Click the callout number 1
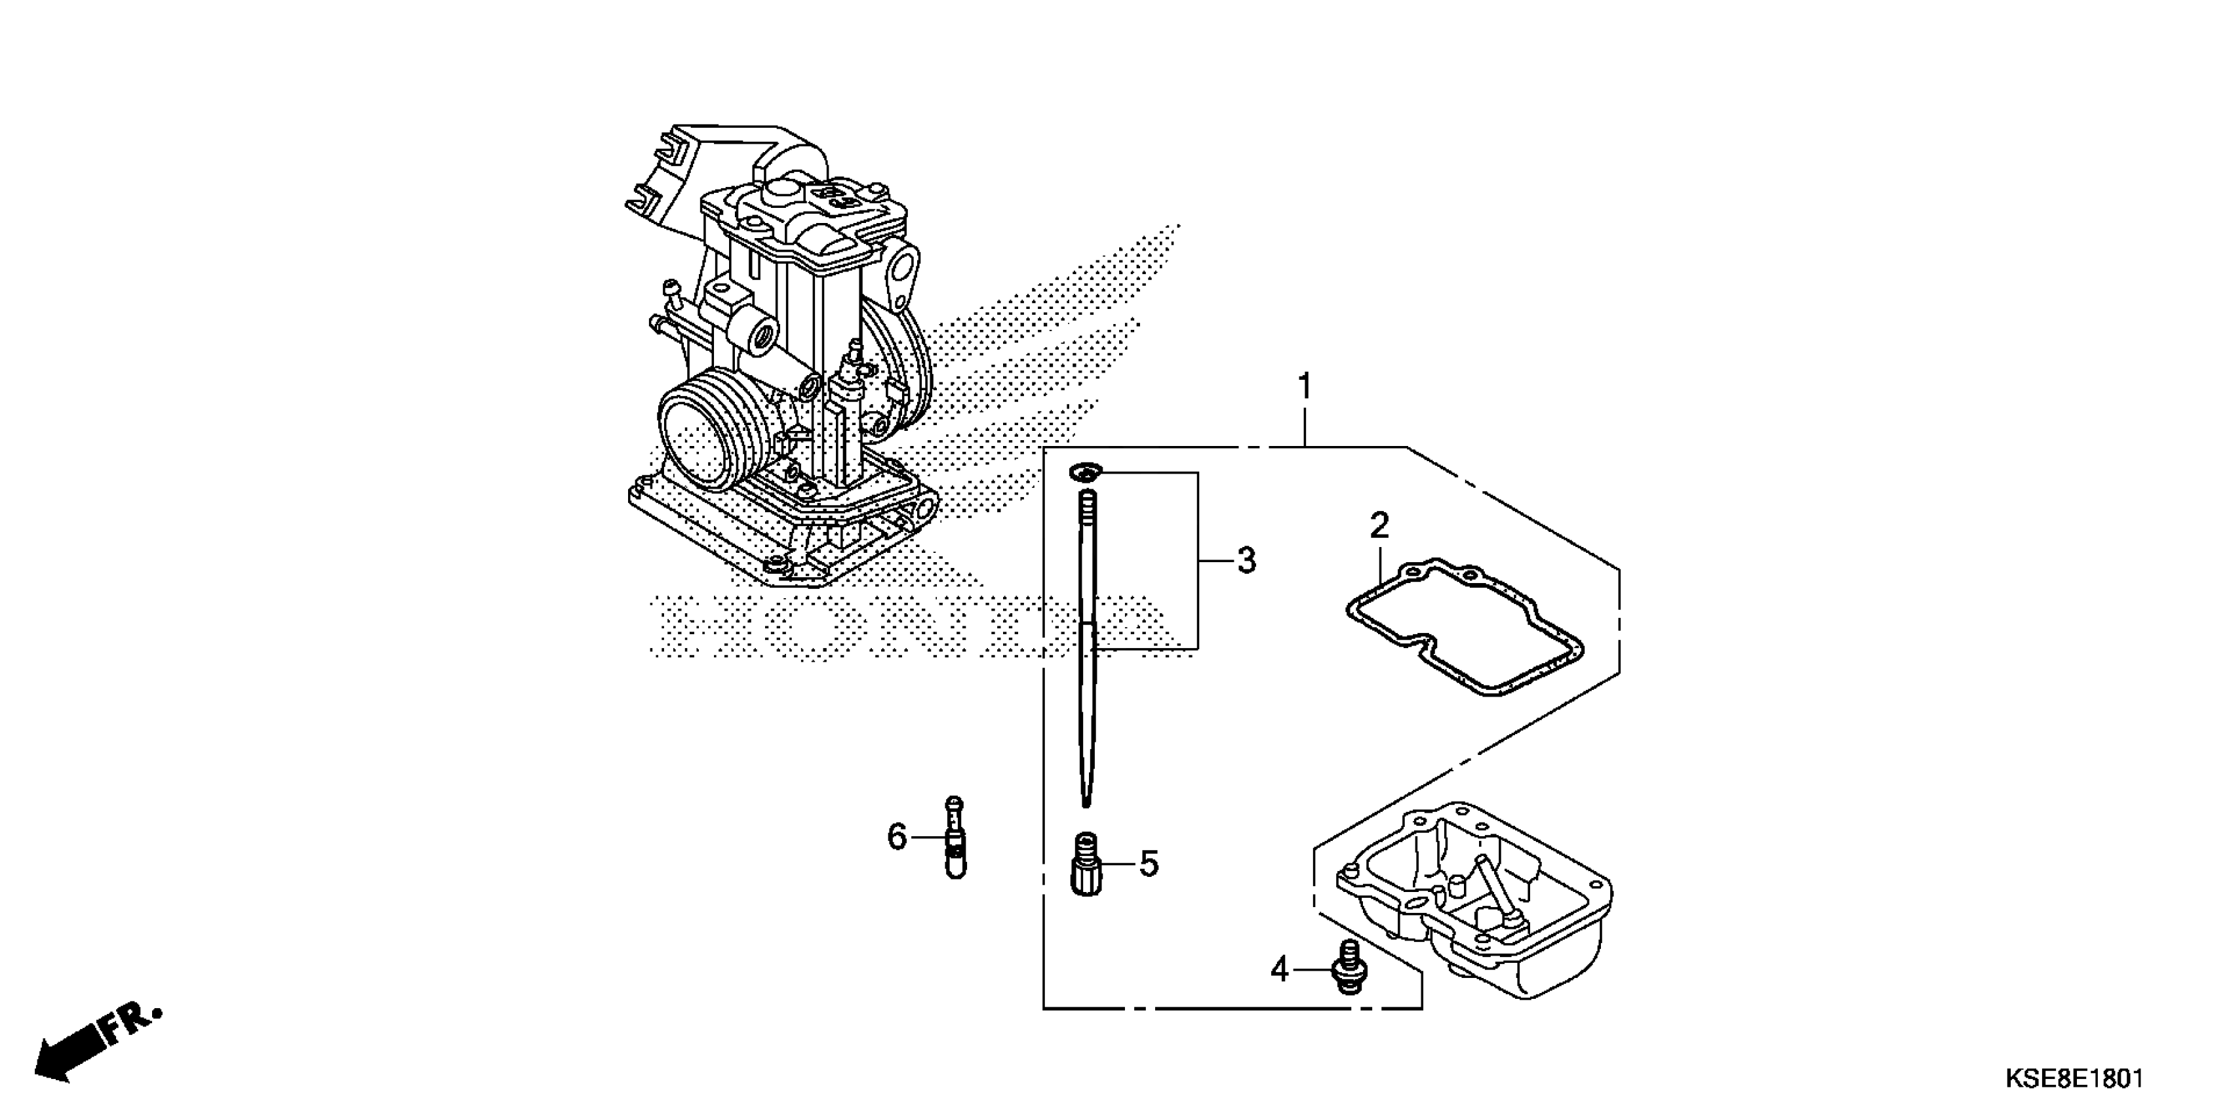(x=1304, y=386)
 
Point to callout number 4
(x=1280, y=969)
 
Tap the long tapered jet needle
(x=1088, y=658)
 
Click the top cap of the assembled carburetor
(x=804, y=216)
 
